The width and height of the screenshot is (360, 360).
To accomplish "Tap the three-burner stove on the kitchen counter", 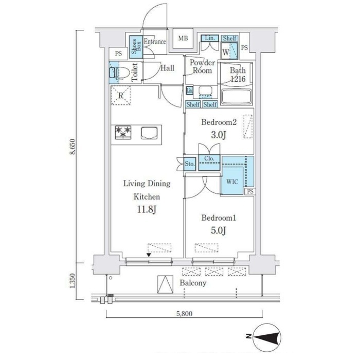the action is coord(123,133).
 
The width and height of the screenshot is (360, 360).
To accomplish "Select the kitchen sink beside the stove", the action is coord(149,133).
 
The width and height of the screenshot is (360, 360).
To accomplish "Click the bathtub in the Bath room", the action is coord(236,97).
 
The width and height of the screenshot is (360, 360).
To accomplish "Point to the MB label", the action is coord(183,39).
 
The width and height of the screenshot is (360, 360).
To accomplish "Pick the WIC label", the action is coord(232,182).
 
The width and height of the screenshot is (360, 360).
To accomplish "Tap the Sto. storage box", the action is coord(190,164).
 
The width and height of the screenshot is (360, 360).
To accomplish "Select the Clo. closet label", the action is coord(209,158).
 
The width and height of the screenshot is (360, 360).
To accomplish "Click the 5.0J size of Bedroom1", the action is coord(219,230).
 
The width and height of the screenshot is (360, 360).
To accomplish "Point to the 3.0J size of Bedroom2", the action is coord(219,135).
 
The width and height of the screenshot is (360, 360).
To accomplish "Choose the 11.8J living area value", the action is coord(147,209).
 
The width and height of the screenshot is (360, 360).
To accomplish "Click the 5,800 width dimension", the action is coord(184,313).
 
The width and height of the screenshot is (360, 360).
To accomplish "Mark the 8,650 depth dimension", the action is coord(73,147).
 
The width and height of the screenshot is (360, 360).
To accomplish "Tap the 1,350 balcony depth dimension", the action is coord(73,281).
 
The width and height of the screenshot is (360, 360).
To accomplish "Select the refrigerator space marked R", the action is coord(121,96).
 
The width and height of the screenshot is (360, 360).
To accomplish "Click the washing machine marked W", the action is coord(229,51).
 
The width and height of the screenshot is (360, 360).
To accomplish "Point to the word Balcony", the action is coord(193,283).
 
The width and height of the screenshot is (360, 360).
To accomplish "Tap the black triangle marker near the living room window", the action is coord(149,255).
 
